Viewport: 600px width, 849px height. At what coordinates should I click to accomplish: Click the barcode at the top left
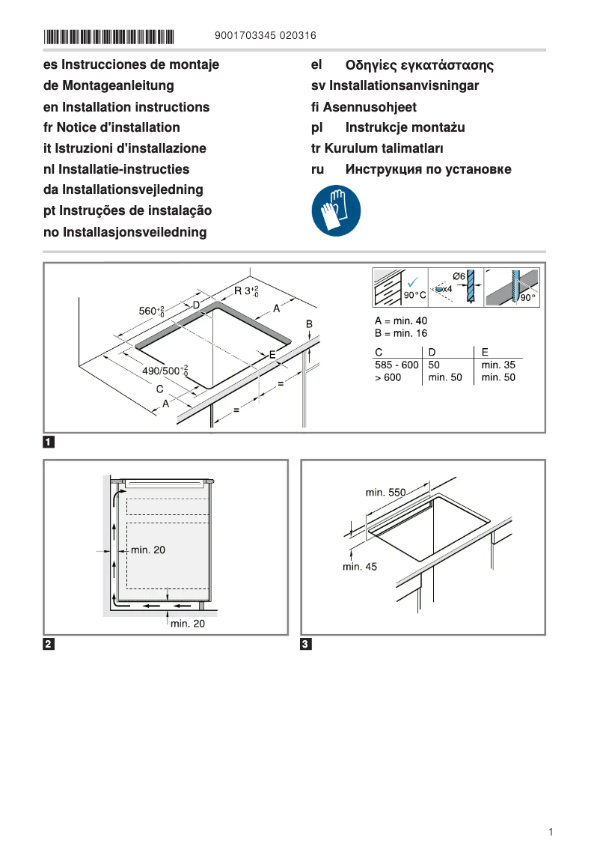(x=108, y=36)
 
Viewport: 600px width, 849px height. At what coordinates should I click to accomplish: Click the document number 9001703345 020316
(x=265, y=35)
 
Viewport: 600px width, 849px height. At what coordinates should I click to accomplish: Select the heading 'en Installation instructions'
(x=126, y=107)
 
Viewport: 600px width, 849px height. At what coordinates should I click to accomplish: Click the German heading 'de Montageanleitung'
(x=108, y=86)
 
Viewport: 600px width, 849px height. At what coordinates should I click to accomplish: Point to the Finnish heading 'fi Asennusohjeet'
(x=364, y=107)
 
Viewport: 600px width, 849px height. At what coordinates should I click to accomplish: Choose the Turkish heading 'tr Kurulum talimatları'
(x=377, y=148)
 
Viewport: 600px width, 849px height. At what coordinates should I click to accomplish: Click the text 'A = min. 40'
(x=401, y=320)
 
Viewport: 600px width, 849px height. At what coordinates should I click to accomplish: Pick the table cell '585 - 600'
(x=397, y=365)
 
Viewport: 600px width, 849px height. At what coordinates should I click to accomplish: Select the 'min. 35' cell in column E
(x=498, y=365)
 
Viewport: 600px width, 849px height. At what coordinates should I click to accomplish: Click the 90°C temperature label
(x=414, y=296)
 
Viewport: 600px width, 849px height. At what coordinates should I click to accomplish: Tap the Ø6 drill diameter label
(x=459, y=276)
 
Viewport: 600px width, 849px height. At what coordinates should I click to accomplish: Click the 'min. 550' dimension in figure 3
(x=385, y=493)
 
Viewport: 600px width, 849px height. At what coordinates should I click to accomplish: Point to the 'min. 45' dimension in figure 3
(x=360, y=567)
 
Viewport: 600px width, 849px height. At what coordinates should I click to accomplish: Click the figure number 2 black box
(x=49, y=644)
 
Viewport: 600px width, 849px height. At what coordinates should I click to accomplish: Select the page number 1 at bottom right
(x=550, y=832)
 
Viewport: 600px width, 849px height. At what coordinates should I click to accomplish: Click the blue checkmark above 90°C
(x=413, y=281)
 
